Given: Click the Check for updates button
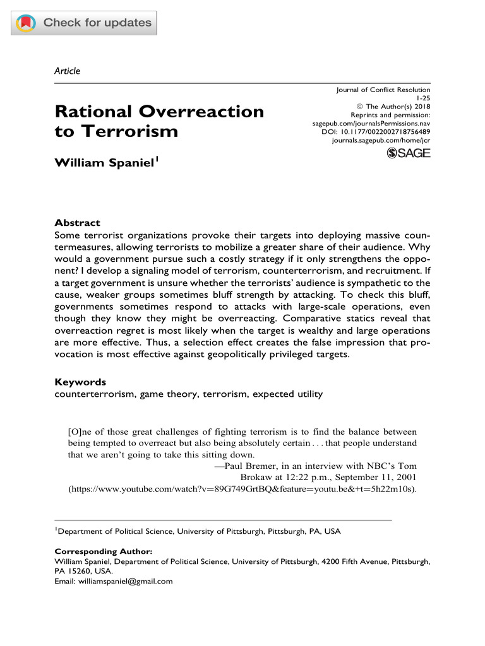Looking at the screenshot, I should pos(84,23).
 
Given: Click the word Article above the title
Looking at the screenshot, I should pos(68,71).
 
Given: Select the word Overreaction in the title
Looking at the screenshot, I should pos(202,112).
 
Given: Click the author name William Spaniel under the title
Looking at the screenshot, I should pos(105,163).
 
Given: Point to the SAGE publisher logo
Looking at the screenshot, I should pos(408,153).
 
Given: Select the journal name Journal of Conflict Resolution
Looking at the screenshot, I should pos(383,90).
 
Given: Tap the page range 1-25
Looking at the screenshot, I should pos(422,98).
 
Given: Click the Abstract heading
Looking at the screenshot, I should pos(77,223).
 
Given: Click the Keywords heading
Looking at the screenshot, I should pos(80,382).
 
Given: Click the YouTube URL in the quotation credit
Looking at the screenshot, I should pos(241,488).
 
